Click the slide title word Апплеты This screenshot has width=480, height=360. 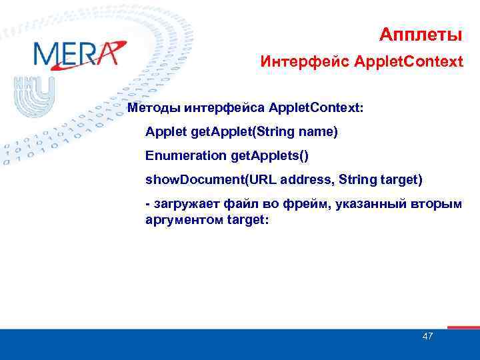click(421, 33)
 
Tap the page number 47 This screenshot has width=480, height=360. click(427, 336)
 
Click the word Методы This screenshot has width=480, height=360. click(155, 107)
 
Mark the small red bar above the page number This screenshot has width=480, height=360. click(463, 327)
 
